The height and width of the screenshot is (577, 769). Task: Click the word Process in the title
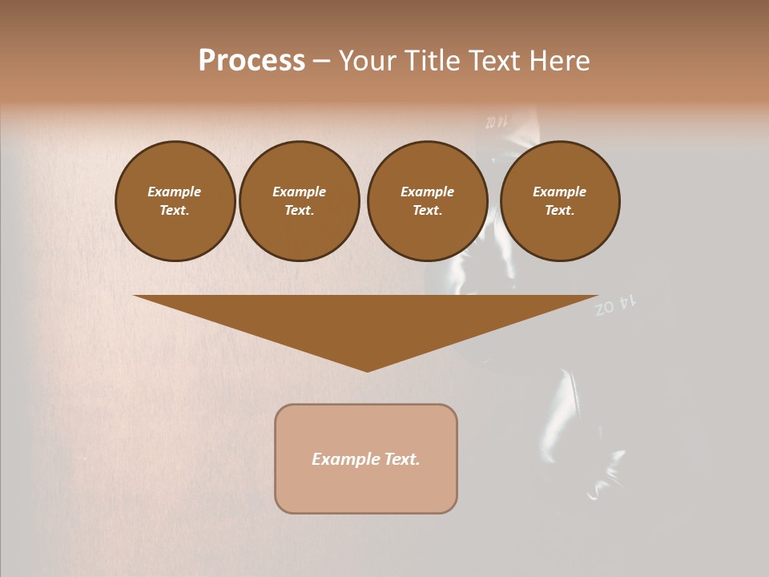[x=252, y=61]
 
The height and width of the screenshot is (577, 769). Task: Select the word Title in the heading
[x=433, y=61]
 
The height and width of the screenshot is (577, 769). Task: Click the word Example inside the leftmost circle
[x=175, y=192]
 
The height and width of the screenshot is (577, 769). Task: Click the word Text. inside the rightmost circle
[x=560, y=210]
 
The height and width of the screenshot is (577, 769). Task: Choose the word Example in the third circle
[x=427, y=192]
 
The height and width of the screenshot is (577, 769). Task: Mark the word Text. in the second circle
[x=299, y=210]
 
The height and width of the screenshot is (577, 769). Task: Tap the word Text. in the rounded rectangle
[x=403, y=459]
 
